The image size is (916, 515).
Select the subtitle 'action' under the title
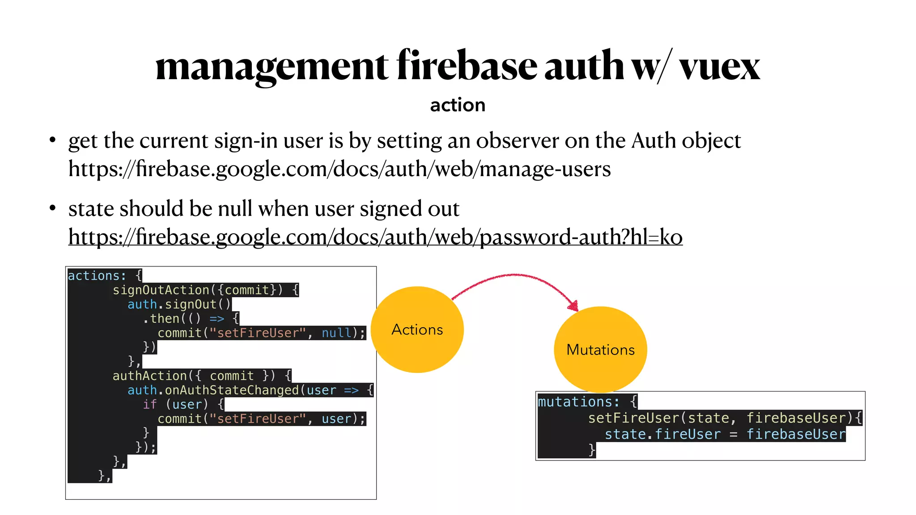(458, 105)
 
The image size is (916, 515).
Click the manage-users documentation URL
(339, 169)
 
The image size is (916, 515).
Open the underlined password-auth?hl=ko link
(375, 237)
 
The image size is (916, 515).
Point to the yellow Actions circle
(417, 329)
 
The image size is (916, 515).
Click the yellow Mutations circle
(600, 349)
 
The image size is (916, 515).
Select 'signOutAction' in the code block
(161, 290)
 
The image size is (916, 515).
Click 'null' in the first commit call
(336, 333)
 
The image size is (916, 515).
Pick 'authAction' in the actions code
(149, 376)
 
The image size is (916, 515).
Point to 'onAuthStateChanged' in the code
(231, 390)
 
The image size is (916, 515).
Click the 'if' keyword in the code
(149, 405)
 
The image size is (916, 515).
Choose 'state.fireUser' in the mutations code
(662, 434)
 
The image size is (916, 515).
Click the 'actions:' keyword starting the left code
(97, 276)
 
